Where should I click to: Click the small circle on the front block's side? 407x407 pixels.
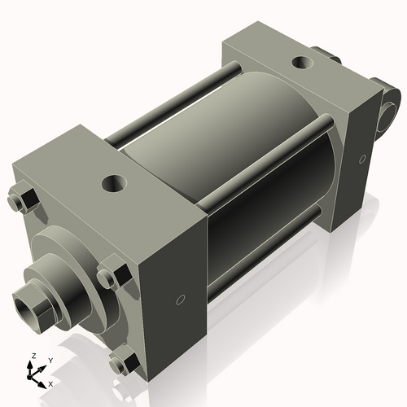click(181, 299)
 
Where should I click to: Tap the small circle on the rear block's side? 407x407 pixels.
click(359, 160)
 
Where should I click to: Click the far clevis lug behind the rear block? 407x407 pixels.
click(331, 55)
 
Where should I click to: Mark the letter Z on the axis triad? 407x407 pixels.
click(33, 357)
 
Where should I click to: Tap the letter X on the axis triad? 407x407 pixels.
click(50, 383)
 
